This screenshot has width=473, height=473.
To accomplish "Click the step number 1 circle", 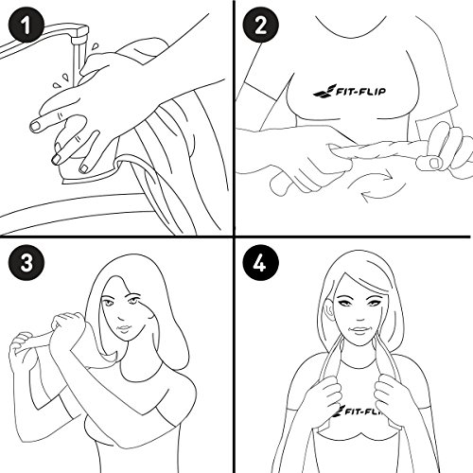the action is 26,26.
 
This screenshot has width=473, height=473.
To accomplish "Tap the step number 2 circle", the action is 261,26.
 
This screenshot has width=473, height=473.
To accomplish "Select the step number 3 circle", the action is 26,263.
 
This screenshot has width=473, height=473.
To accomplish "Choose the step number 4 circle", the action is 261,263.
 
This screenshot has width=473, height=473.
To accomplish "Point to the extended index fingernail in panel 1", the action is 35,126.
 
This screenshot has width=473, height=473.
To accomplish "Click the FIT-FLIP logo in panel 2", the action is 349,91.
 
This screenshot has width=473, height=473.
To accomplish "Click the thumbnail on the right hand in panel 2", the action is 436,163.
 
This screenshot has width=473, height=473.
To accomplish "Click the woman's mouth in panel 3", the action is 124,329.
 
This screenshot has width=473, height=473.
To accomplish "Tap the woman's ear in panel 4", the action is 329,309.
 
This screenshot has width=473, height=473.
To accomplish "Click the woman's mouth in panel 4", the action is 359,330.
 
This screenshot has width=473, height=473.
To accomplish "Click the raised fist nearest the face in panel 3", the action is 68,324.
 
